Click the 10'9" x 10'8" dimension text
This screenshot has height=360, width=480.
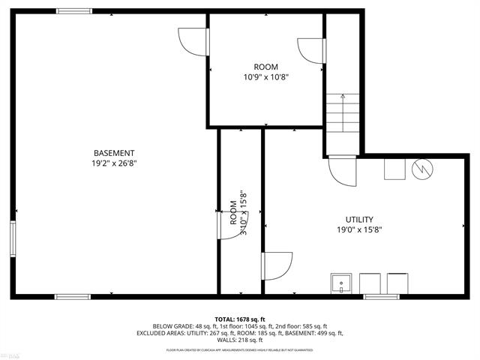pyautogui.click(x=265, y=77)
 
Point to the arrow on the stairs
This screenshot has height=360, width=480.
pyautogui.click(x=342, y=97)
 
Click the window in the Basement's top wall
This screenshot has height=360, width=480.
pyautogui.click(x=75, y=11)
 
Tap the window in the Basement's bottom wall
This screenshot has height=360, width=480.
pyautogui.click(x=73, y=297)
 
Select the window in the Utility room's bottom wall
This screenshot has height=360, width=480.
pyautogui.click(x=382, y=297)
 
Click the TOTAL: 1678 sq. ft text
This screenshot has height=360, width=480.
pyautogui.click(x=240, y=319)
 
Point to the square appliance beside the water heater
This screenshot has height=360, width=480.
pyautogui.click(x=394, y=169)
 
